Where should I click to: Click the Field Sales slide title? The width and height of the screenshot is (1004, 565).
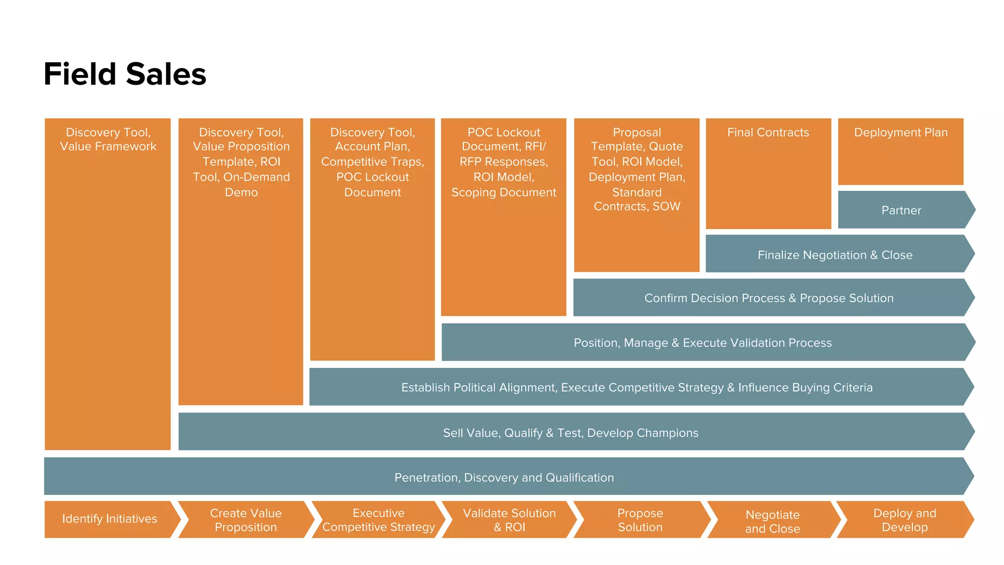125,74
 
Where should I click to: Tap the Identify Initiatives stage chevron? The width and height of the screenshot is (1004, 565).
110,519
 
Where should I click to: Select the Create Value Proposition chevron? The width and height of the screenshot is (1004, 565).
246,520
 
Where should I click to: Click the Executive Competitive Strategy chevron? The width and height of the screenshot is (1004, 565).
378,520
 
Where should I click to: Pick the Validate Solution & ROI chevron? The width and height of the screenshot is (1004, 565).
509,520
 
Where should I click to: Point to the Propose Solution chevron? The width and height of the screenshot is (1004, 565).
640,520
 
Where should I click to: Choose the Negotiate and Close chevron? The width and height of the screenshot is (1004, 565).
772,521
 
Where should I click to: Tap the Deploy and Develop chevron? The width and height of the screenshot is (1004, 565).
904,520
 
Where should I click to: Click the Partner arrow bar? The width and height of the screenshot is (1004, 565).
901,210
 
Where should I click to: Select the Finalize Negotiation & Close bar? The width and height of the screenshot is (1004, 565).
834,255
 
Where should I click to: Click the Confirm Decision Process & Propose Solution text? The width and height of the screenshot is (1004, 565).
768,298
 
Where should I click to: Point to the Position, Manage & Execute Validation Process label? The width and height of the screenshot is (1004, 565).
703,343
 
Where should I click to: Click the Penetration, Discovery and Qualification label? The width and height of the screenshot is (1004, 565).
504,478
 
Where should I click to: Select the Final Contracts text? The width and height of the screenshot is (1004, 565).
768,132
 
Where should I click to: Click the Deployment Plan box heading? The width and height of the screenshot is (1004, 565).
901,132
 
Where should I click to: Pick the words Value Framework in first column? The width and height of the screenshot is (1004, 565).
108,147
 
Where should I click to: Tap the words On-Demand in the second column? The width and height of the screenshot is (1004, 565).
256,177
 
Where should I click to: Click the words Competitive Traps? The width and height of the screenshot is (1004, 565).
372,162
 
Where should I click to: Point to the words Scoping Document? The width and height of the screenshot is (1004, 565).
503,192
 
